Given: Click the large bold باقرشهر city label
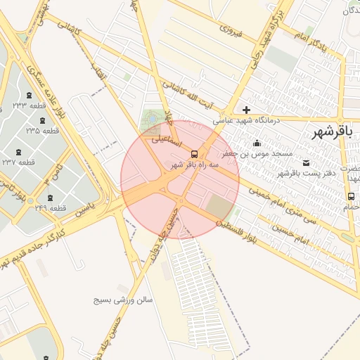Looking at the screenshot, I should (x=335, y=132).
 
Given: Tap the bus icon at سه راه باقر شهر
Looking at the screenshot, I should (x=194, y=154).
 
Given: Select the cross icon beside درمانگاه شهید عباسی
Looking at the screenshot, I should (x=246, y=110).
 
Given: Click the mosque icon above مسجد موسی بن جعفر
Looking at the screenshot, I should (x=257, y=143).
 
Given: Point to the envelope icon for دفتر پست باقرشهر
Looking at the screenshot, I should (x=304, y=162).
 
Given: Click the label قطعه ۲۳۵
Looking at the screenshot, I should (x=43, y=131).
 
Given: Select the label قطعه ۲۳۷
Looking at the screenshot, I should (x=38, y=162).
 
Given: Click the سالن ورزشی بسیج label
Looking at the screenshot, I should (x=124, y=300).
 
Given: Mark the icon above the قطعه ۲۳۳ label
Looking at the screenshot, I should (x=29, y=94).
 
